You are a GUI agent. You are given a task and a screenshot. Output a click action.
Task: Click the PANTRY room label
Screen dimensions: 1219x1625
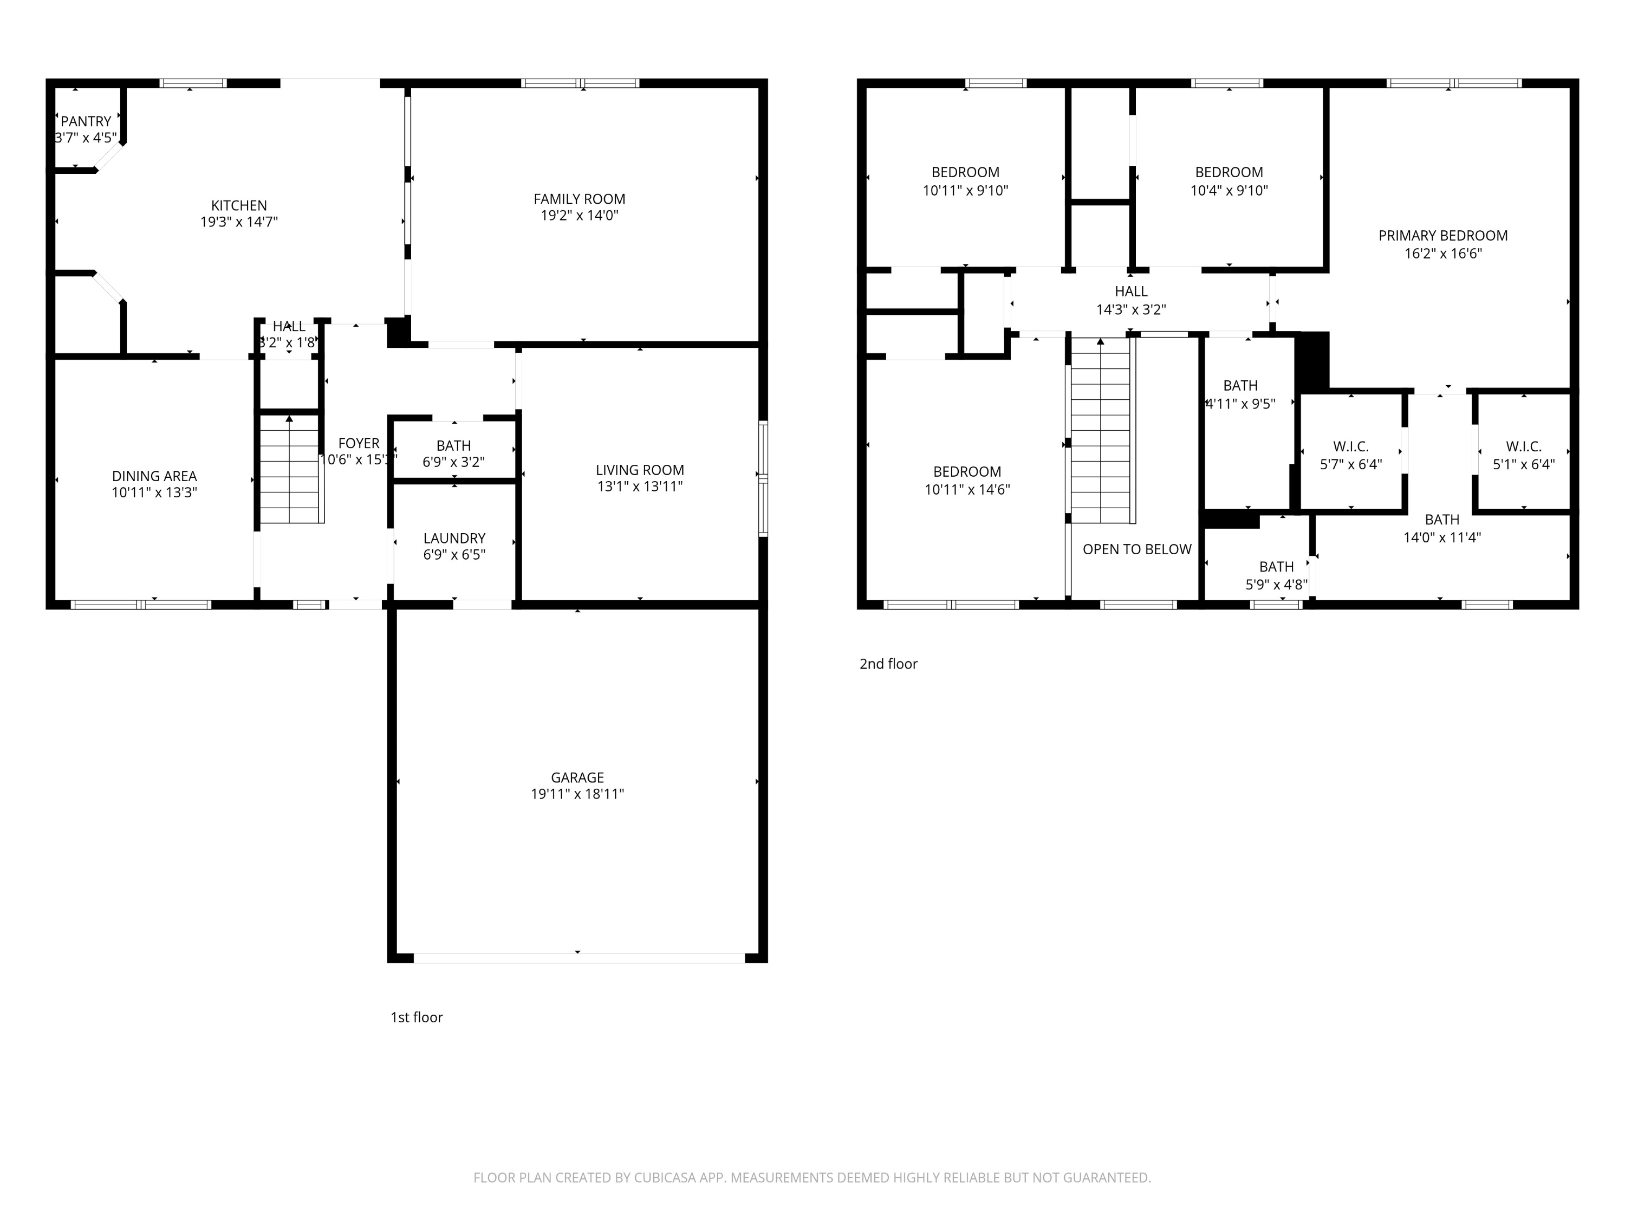pos(86,121)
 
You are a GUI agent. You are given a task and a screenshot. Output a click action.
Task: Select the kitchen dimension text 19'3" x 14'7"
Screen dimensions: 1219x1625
pos(239,222)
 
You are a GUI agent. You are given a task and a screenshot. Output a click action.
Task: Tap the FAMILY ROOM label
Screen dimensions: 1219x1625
pos(579,199)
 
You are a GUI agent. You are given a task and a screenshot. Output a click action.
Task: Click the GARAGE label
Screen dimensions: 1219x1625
pos(577,777)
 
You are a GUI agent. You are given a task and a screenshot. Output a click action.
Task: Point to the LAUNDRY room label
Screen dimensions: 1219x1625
pos(454,539)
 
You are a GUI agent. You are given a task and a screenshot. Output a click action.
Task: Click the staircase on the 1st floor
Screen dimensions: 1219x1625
pos(291,470)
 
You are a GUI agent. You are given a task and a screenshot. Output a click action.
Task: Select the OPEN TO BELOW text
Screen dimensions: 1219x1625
pos(1136,549)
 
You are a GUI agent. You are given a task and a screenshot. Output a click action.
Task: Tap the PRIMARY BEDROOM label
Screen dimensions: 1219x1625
pos(1443,236)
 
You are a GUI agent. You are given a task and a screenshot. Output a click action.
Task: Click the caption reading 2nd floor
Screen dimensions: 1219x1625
pos(888,664)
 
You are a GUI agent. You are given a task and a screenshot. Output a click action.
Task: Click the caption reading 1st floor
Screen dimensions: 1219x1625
pos(417,1017)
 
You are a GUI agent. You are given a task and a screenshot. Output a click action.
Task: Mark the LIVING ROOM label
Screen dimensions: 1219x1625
pos(640,470)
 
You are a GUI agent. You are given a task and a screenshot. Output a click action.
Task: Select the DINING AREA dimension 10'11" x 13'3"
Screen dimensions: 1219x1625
pos(154,493)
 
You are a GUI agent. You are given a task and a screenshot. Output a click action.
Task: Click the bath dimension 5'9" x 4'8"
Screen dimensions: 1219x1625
pos(1276,585)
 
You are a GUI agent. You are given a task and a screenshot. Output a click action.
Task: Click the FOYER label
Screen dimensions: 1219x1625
pos(359,443)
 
